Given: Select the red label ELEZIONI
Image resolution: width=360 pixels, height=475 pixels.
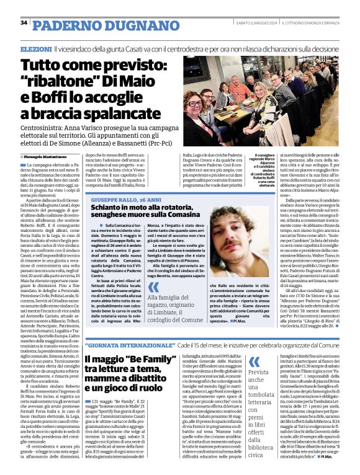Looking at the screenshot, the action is [36, 48].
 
